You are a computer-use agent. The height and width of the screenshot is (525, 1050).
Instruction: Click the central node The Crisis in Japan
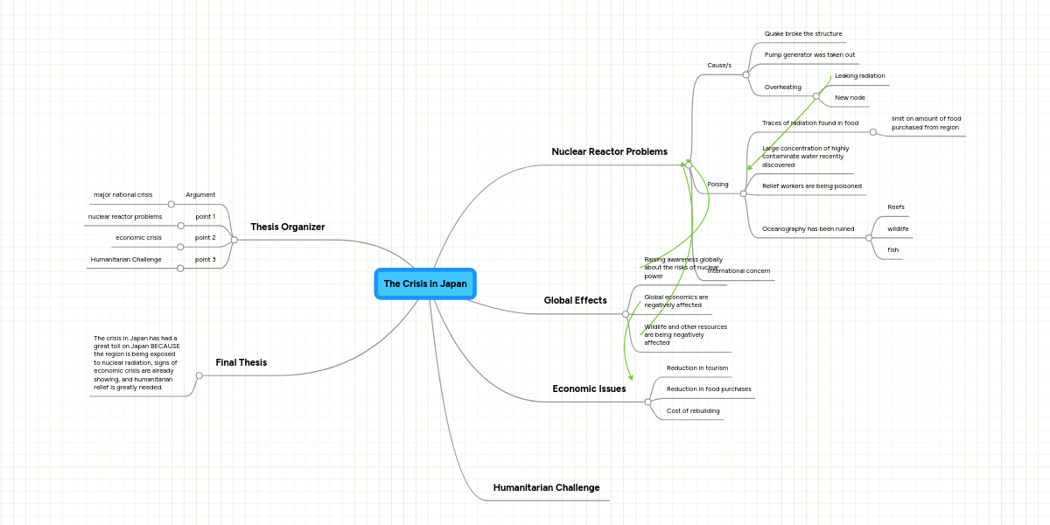coord(425,283)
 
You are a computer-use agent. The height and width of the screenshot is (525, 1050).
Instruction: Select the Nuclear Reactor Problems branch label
coord(609,152)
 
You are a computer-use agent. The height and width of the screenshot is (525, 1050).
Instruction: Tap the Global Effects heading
coord(575,301)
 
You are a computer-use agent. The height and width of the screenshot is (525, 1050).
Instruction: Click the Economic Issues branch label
coord(589,388)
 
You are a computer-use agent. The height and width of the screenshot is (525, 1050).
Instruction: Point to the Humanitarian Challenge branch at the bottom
coord(546,487)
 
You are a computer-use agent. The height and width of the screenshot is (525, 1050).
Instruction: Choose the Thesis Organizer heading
coord(287,227)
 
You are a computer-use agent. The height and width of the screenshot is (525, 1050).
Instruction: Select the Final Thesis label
coord(241,362)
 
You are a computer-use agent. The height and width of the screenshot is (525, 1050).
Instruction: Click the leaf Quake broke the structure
coord(802,34)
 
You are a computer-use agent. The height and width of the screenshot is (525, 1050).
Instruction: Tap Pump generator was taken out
coord(809,55)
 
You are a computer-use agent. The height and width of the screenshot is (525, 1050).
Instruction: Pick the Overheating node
coord(782,87)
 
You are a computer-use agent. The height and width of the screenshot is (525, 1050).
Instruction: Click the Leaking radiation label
coord(859,76)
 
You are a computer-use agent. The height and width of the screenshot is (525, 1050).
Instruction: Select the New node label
coord(850,98)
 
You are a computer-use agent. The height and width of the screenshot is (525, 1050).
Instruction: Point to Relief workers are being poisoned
coord(811,186)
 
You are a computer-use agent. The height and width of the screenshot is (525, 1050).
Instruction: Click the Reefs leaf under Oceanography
coord(895,207)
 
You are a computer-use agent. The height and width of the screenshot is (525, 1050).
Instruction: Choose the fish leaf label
coord(892,250)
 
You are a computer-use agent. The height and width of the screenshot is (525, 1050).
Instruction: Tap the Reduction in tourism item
coord(696,368)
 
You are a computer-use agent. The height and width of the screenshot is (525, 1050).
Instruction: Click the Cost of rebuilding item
coord(692,410)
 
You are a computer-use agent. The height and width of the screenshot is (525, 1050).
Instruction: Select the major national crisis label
coord(122,195)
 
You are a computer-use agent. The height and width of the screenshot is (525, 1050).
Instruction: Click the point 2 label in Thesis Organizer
coord(205,238)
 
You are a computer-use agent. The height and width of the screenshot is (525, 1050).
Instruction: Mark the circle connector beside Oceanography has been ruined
coord(869,238)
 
